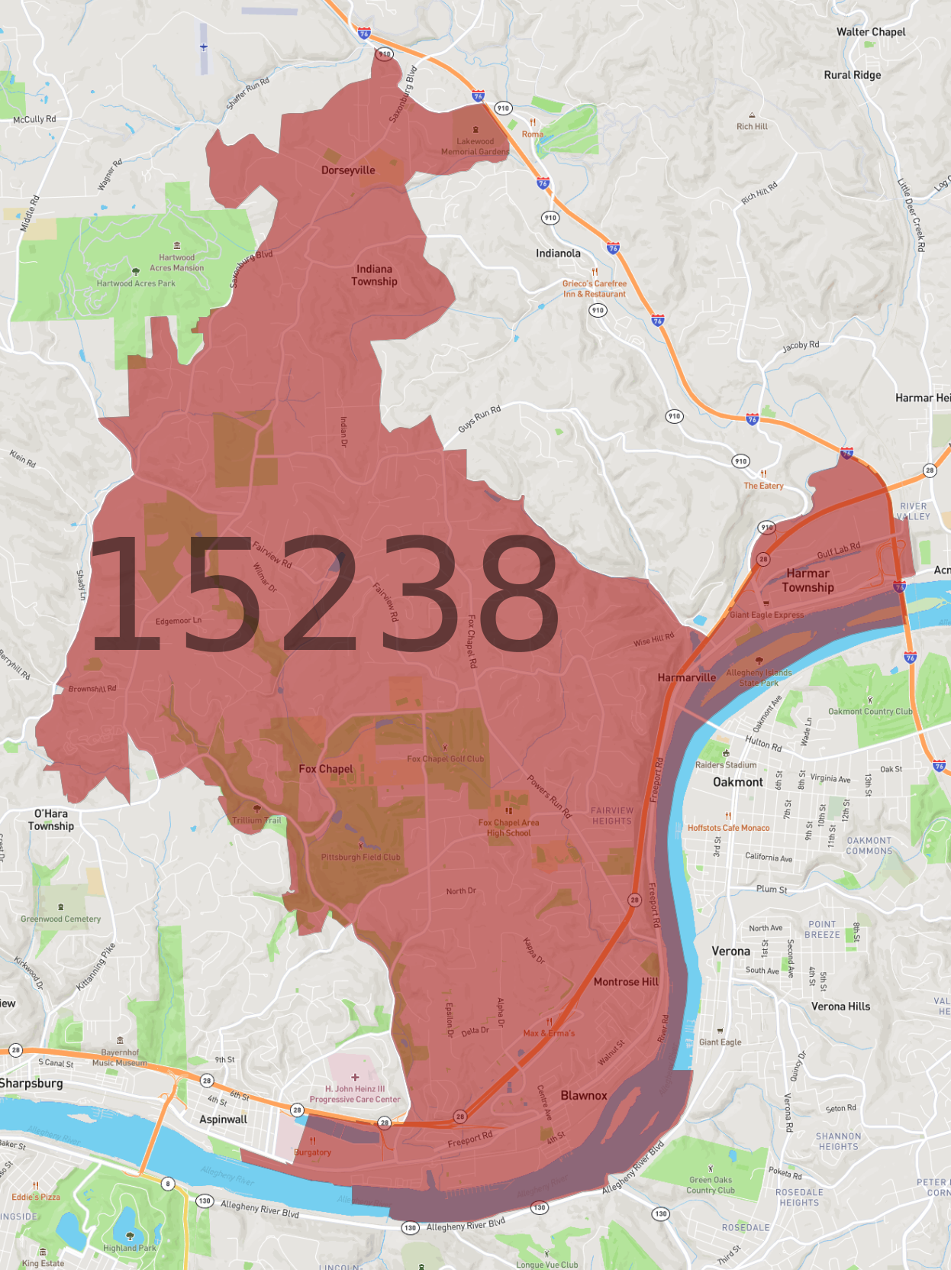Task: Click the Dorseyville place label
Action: pyautogui.click(x=348, y=170)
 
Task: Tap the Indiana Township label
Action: pyautogui.click(x=374, y=275)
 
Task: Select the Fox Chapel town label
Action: pyautogui.click(x=326, y=769)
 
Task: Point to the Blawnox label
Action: pyautogui.click(x=584, y=1095)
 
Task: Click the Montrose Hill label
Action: pyautogui.click(x=626, y=982)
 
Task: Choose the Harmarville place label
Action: pyautogui.click(x=687, y=677)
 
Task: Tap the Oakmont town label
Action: pyautogui.click(x=737, y=782)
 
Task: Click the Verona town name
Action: pyautogui.click(x=730, y=952)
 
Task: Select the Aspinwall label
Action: pyautogui.click(x=223, y=1120)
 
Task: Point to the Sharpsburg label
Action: pyautogui.click(x=31, y=1084)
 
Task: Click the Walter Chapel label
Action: pyautogui.click(x=871, y=32)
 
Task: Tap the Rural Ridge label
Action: pyautogui.click(x=852, y=75)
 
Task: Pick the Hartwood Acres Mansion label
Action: pyautogui.click(x=177, y=263)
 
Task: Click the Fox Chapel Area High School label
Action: pyautogui.click(x=508, y=828)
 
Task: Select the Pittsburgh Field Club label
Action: pyautogui.click(x=360, y=857)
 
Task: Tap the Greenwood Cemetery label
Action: pyautogui.click(x=61, y=919)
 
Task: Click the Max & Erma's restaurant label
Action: pyautogui.click(x=549, y=1033)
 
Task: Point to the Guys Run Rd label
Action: pyautogui.click(x=479, y=419)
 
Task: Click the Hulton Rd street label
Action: pyautogui.click(x=763, y=743)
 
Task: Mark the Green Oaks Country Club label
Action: pyautogui.click(x=711, y=1184)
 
